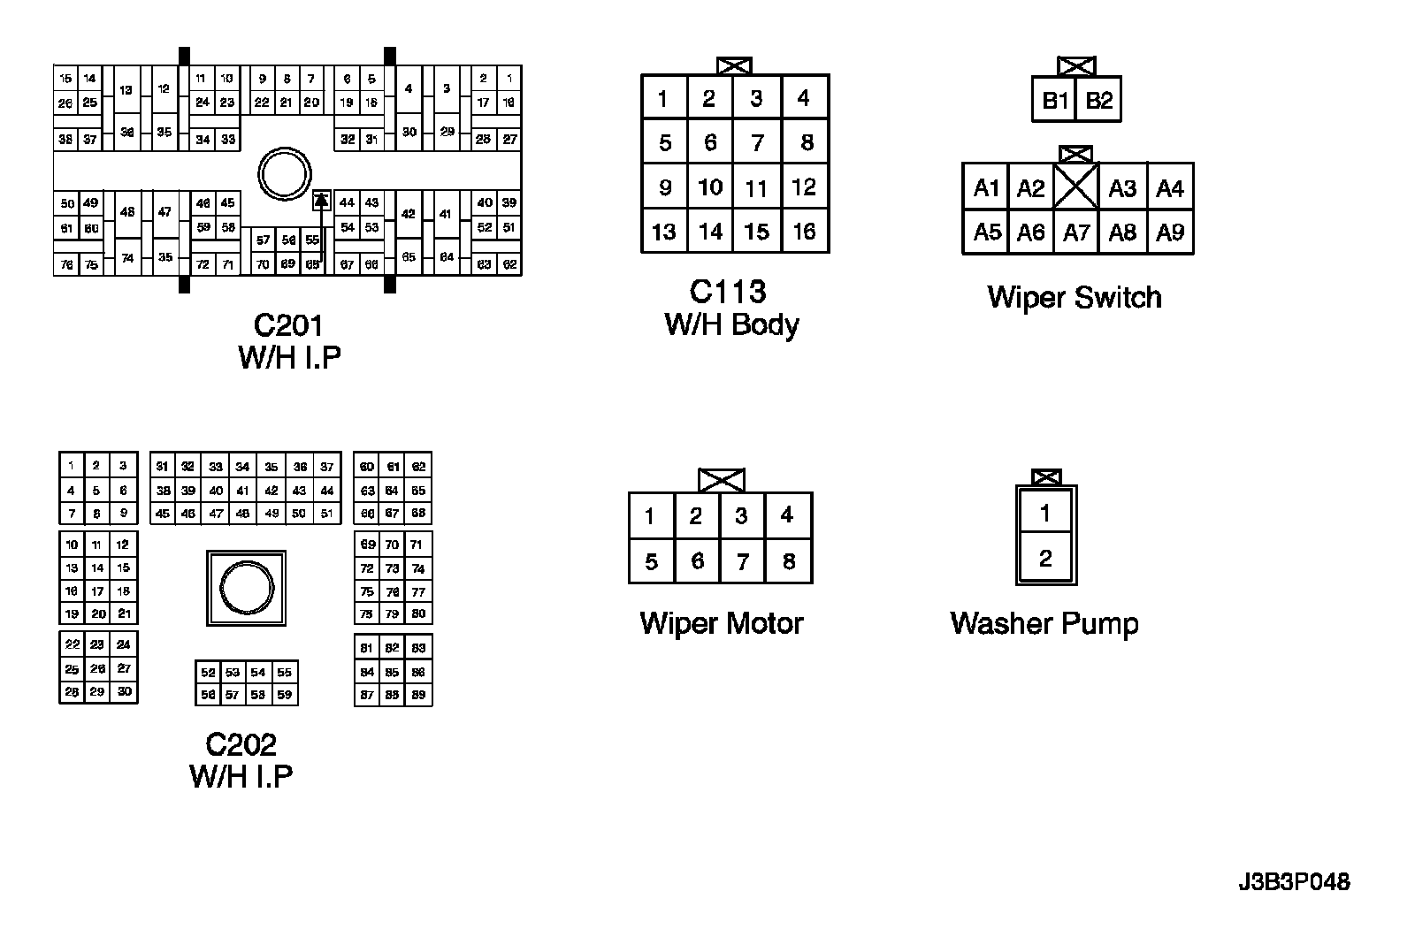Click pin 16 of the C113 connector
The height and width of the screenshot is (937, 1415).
point(804,232)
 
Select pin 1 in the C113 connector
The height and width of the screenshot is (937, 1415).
point(663,98)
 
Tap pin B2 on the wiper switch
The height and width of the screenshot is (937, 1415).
point(1098,101)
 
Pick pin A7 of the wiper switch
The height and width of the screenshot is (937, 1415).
point(1076,232)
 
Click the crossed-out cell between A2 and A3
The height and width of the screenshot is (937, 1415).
point(1076,187)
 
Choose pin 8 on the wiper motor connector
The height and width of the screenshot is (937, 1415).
point(789,561)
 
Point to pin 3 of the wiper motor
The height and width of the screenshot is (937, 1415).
point(742,515)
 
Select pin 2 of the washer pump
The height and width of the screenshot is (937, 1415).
point(1046,559)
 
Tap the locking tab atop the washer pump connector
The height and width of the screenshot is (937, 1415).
point(1046,477)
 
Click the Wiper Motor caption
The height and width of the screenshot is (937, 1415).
point(722,623)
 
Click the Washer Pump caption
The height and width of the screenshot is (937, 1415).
point(1044,623)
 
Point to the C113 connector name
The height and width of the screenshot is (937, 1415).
point(728,292)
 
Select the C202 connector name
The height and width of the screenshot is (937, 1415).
point(241,744)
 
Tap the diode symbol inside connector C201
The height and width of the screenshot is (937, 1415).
point(322,201)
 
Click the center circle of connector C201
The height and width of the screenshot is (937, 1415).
point(284,174)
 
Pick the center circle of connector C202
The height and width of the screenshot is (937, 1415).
point(248,588)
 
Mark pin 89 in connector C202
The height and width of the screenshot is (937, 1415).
point(418,695)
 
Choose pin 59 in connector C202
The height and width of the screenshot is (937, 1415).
point(284,695)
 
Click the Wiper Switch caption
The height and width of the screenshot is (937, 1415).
point(1075,297)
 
